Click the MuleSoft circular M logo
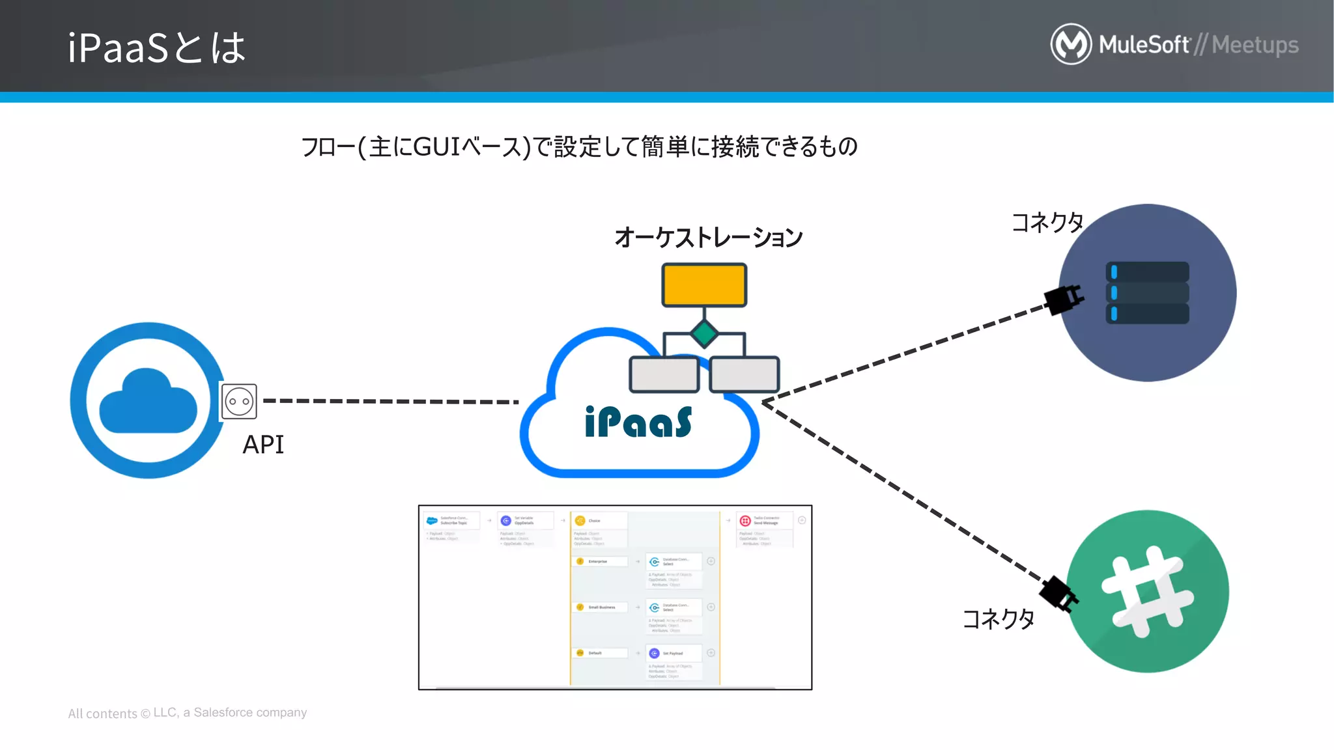1071,44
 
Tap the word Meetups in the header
1255,45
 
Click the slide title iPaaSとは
156,48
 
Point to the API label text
263,445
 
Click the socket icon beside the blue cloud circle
239,402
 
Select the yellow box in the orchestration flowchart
704,285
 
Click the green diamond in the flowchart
704,333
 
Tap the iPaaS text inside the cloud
638,423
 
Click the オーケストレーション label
709,238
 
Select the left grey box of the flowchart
664,374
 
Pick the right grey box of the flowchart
744,374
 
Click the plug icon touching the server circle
1064,299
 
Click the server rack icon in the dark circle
1148,292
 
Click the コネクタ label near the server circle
1047,223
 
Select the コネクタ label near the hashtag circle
999,619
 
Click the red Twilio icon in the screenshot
745,521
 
